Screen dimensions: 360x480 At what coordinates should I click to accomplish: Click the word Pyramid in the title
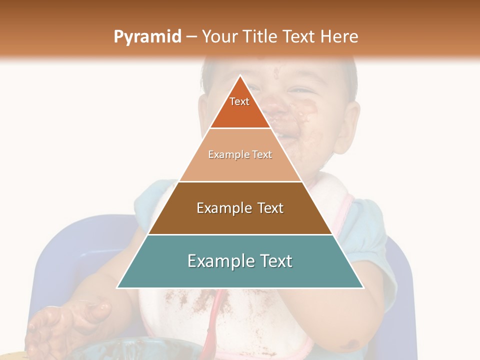coord(147,37)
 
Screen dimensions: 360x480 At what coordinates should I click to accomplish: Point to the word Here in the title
coord(339,37)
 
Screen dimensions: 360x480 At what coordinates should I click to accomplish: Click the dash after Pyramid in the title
coord(191,37)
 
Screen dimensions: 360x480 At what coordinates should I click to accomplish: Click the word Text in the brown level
coord(270,208)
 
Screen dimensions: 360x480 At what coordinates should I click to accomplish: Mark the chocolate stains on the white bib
coord(190,305)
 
